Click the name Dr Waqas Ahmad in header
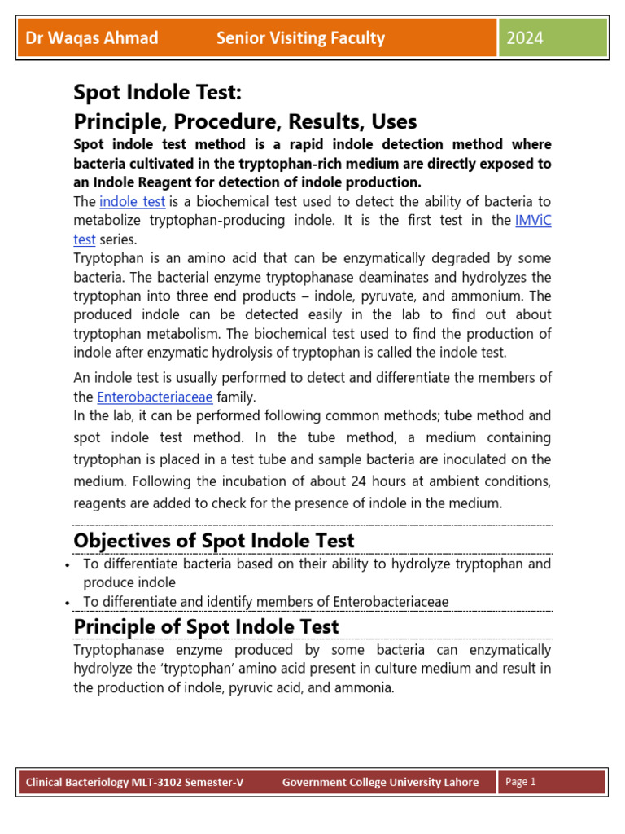pos(92,38)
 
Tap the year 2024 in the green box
pos(525,38)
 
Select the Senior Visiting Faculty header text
pos(300,38)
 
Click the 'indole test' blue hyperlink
pos(133,201)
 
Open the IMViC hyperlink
pos(533,221)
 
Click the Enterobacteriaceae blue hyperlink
pos(155,397)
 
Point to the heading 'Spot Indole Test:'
pos(158,91)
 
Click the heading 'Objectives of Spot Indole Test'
pos(214,541)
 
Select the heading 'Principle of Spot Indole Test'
pos(206,626)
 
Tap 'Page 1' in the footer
pos(521,782)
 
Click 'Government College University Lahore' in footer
pos(380,783)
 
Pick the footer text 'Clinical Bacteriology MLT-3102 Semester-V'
pos(134,783)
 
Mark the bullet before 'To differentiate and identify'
pos(65,603)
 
